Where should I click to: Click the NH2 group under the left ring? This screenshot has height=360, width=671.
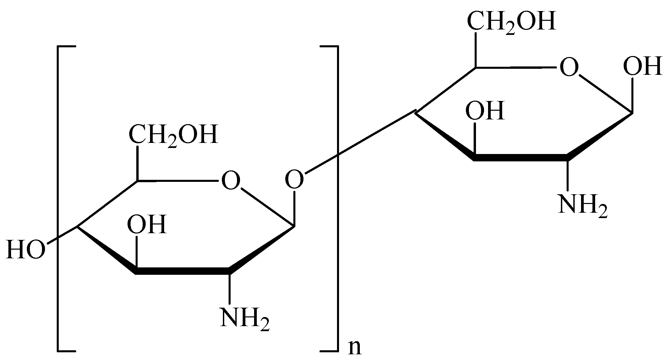(245, 318)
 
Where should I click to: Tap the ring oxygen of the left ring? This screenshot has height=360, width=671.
(231, 181)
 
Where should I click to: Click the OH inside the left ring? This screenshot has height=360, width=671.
(147, 224)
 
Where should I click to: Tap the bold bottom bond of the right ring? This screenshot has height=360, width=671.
(520, 157)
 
